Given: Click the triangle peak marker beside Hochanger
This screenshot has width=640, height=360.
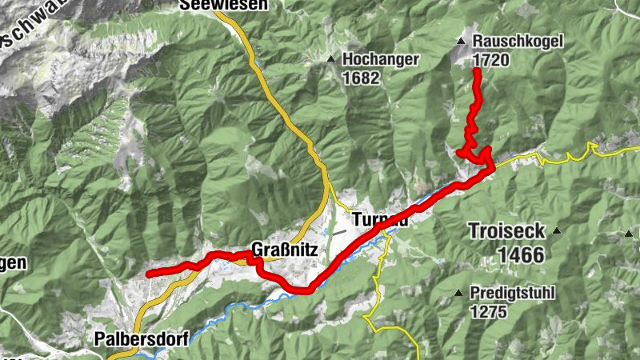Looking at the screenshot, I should pyautogui.click(x=330, y=58).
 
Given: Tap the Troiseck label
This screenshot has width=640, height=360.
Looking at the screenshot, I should pyautogui.click(x=508, y=232).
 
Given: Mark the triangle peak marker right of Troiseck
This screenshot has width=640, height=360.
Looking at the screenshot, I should pyautogui.click(x=558, y=231).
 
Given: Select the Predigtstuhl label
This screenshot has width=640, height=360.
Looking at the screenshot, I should pyautogui.click(x=513, y=294).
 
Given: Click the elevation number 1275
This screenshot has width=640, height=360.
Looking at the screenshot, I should pyautogui.click(x=488, y=311).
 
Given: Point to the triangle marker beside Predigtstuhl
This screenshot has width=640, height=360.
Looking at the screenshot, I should pyautogui.click(x=458, y=294).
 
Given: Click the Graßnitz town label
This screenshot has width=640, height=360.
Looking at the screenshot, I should pyautogui.click(x=285, y=250).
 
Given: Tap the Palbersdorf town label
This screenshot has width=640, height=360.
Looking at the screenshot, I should pyautogui.click(x=141, y=338).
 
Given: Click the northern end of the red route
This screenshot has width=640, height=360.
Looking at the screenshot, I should pyautogui.click(x=477, y=72).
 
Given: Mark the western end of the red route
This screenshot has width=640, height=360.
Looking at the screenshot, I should pyautogui.click(x=149, y=274).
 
